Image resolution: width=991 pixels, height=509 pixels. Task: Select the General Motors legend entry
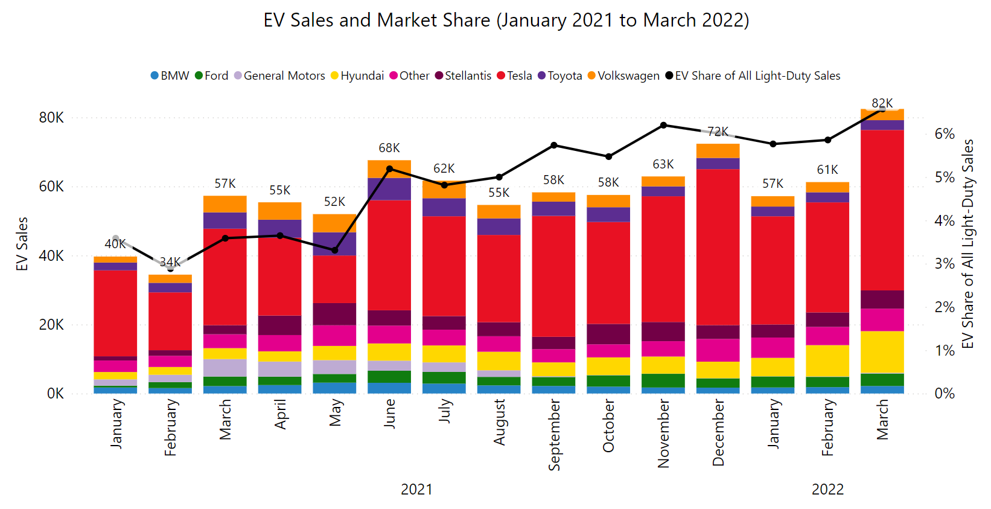[279, 76]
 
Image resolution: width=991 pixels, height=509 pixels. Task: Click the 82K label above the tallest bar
[882, 103]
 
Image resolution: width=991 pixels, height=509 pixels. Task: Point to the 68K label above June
[389, 148]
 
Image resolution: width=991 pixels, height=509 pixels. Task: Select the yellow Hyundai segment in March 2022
[882, 352]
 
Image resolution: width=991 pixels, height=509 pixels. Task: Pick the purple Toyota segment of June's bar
[389, 189]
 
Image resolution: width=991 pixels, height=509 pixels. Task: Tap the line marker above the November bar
[663, 125]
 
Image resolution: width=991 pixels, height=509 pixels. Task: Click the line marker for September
[554, 145]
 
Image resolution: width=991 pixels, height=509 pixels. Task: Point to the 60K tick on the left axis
[51, 187]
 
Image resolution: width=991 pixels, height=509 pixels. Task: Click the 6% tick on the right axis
[944, 134]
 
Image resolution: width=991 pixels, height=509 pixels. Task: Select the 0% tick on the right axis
[944, 394]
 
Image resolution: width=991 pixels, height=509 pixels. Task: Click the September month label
[554, 435]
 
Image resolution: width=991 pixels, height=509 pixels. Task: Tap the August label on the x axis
[499, 422]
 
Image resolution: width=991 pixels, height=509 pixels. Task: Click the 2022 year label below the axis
[827, 489]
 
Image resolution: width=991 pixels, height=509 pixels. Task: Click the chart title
[506, 21]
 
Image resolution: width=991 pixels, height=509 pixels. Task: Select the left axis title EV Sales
[22, 244]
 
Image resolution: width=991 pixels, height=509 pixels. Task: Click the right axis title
[967, 244]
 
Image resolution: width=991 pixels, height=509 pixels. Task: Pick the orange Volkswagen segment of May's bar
[334, 223]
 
